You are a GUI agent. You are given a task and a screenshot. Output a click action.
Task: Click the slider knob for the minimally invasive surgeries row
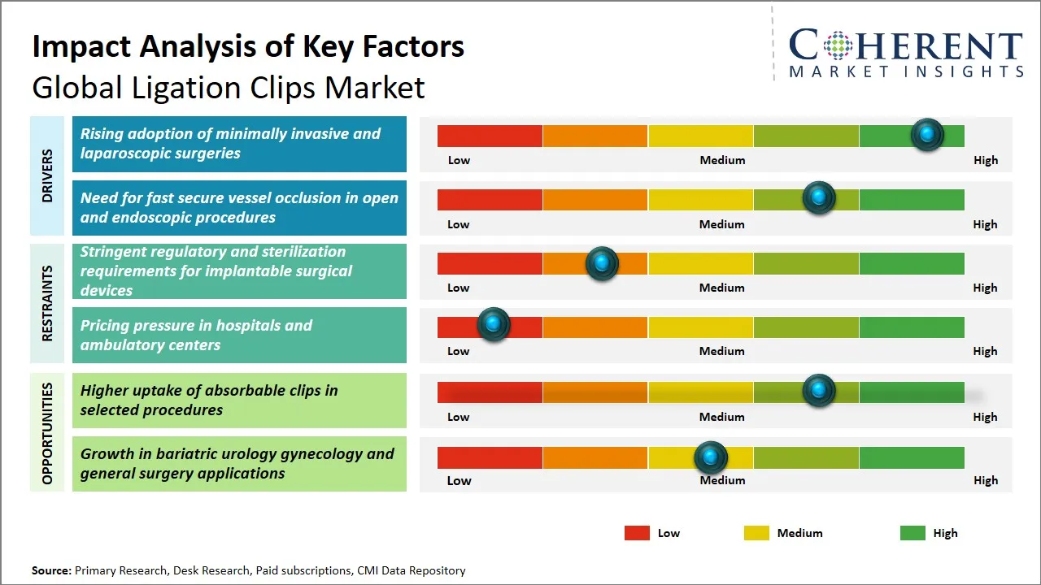[926, 135]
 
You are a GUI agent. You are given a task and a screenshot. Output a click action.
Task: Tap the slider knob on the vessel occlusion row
[818, 198]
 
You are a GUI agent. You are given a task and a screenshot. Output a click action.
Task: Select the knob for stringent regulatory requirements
[602, 263]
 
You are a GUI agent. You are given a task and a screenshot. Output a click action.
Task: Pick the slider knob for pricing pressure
[493, 325]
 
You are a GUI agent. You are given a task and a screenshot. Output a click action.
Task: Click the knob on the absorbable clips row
[818, 391]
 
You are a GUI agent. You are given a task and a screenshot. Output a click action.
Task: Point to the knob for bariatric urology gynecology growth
[711, 458]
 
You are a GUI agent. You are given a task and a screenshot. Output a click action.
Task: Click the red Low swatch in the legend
[637, 533]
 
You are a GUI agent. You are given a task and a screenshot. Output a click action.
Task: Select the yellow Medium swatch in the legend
[756, 533]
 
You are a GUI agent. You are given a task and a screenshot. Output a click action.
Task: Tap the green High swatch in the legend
[913, 533]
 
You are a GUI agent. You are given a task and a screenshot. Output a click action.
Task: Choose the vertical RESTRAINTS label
[47, 303]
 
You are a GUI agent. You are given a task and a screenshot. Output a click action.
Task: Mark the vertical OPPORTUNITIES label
[47, 433]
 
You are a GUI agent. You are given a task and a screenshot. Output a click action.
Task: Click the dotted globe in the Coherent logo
[836, 45]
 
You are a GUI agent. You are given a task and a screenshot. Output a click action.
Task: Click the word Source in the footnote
[50, 570]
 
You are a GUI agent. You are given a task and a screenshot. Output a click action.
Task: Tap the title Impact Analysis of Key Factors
[248, 46]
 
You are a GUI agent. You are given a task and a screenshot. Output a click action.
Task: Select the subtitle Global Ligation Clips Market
[229, 88]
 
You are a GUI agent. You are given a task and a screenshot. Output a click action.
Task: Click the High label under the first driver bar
[985, 160]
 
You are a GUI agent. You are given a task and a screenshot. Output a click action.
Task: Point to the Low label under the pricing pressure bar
[459, 351]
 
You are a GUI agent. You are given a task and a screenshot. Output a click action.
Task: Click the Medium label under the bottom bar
[722, 480]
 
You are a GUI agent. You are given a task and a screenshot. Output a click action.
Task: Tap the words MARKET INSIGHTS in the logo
[906, 71]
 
